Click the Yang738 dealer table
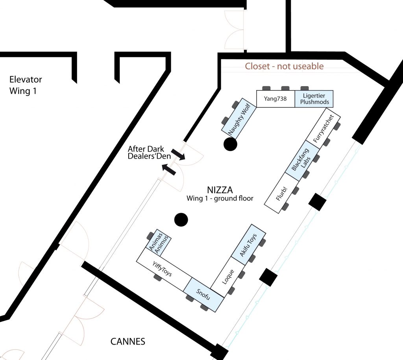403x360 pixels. pos(275,99)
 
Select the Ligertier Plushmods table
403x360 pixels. pos(314,99)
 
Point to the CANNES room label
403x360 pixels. pos(128,341)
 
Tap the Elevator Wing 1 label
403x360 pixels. pos(26,85)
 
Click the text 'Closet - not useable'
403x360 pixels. pos(284,66)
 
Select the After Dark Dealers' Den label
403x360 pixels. pos(149,153)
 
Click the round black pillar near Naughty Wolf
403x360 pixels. pos(230,144)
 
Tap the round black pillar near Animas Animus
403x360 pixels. pos(181,220)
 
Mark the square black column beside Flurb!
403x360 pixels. pos(318,202)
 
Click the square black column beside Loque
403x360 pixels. pos(268,277)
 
